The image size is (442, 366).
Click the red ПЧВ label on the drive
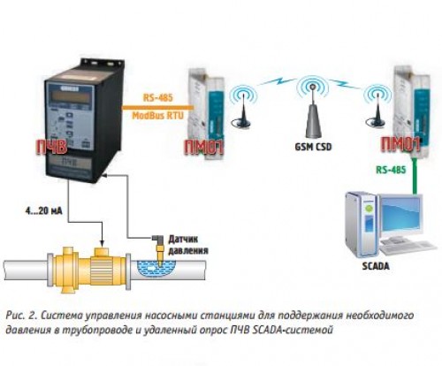(51, 147)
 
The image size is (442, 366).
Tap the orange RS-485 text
(157, 97)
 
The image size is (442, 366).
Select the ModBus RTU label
(157, 115)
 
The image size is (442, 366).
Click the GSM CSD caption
(313, 147)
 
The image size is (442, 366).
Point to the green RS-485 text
(391, 170)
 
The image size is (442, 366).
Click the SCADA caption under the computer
(376, 266)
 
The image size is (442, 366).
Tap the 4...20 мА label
(44, 211)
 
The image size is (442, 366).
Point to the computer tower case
(361, 224)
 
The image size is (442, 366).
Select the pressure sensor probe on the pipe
(159, 250)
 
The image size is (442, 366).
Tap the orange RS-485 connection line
(157, 107)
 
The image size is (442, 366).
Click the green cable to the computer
(415, 176)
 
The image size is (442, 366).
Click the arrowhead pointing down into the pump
(102, 243)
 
